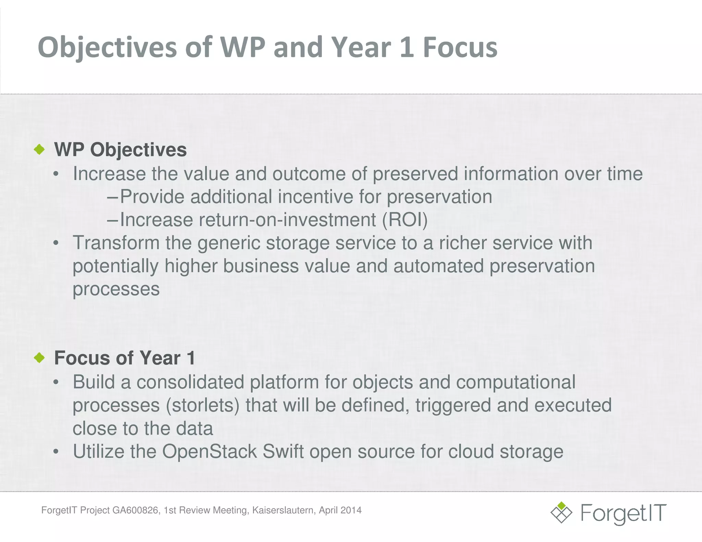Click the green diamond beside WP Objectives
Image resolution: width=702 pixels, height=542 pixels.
[x=40, y=149]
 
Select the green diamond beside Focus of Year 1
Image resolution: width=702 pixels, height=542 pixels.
[x=40, y=358]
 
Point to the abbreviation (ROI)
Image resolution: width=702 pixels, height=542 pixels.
[x=405, y=220]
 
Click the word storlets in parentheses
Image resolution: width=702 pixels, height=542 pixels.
[x=203, y=405]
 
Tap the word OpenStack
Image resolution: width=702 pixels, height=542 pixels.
[x=209, y=451]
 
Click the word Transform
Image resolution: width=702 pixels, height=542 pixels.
[x=116, y=243]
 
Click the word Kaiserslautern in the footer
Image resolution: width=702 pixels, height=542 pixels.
[x=283, y=510]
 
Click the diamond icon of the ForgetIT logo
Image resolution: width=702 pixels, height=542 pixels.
[x=561, y=513]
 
